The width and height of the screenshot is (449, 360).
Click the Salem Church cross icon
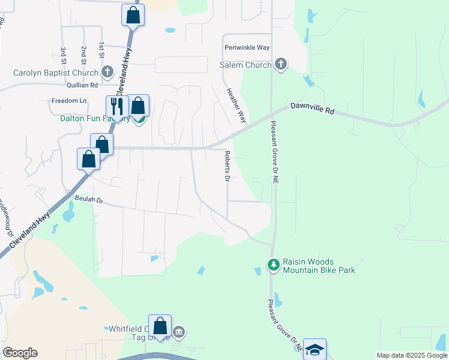[280, 64]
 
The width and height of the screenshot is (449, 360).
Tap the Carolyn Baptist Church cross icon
[107, 73]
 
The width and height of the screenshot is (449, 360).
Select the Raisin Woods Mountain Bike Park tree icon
[274, 265]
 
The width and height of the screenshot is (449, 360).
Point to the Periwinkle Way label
[247, 47]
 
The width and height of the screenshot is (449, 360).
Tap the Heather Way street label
[236, 106]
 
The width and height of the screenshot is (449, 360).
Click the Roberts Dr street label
[227, 167]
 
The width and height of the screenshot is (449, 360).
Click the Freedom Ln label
[69, 100]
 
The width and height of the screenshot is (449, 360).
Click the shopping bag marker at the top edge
[133, 14]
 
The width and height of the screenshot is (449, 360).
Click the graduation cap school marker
[315, 349]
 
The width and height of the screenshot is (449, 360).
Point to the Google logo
[20, 353]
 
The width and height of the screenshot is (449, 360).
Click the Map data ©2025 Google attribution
[412, 355]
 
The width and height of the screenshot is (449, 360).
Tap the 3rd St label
[62, 53]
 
